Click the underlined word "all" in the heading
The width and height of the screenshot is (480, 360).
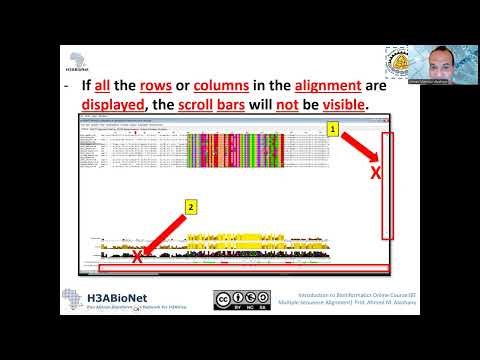pos(114,85)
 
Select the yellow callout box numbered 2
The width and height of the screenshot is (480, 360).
pos(190,207)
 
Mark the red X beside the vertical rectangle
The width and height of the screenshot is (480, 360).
pos(376,174)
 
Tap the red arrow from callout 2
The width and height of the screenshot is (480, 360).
pos(164,233)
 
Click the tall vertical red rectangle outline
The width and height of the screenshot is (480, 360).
pos(388,184)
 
